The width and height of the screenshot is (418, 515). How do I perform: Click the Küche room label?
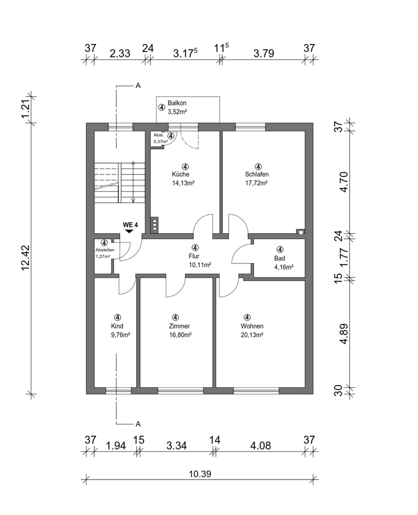tap(180, 174)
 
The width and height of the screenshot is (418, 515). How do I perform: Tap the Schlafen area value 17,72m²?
tap(256, 183)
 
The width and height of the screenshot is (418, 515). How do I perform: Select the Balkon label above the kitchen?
tap(177, 103)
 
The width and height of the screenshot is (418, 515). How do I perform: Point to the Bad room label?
tap(280, 258)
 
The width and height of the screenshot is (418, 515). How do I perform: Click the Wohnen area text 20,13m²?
tap(252, 335)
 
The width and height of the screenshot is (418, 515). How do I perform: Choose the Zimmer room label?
tap(179, 326)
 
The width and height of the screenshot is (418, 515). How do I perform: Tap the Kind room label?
tap(117, 326)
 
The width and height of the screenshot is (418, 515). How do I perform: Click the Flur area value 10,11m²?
tap(200, 264)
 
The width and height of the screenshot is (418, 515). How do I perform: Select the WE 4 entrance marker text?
tap(130, 225)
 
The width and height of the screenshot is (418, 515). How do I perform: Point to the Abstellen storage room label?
tap(105, 250)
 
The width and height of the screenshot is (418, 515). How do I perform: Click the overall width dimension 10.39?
tap(200, 474)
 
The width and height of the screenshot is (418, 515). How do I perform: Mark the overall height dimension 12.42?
tap(26, 258)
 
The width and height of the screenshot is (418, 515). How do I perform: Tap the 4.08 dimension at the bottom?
tap(261, 446)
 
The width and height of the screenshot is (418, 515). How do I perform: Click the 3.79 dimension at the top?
tap(264, 53)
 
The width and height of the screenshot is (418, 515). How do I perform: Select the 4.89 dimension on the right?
tap(344, 334)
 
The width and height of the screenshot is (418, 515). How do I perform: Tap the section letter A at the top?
tap(138, 86)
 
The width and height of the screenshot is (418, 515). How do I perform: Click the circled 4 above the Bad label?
tap(280, 249)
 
